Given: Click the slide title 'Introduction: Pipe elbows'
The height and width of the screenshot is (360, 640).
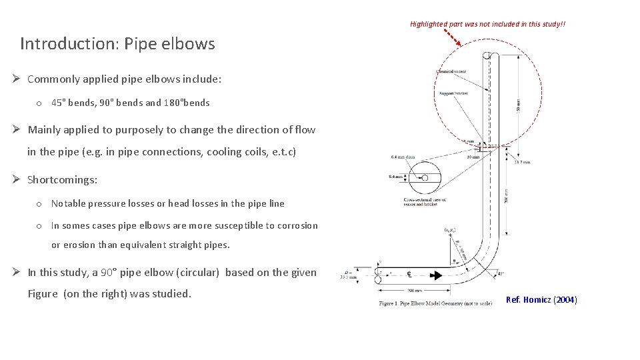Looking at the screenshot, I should tap(117, 44).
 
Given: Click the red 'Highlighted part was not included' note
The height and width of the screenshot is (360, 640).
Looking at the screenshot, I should tap(488, 24).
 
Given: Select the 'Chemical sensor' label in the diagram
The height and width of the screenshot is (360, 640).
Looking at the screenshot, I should tap(451, 71).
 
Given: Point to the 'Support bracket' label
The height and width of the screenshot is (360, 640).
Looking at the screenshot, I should tap(453, 93).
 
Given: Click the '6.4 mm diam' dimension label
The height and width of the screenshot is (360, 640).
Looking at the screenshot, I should tap(403, 157).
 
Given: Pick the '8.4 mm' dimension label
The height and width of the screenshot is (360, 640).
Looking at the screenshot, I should tap(396, 177).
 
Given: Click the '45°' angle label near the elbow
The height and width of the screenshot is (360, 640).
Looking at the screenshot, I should tap(501, 273).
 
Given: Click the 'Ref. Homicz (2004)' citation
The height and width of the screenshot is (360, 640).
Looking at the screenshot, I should tap(541, 300).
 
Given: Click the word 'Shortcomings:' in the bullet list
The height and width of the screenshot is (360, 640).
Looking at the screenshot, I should tap(62, 180).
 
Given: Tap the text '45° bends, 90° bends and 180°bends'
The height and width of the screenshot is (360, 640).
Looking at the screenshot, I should tap(130, 103).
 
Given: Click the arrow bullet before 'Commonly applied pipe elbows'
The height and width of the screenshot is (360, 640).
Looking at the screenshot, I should tap(18, 79).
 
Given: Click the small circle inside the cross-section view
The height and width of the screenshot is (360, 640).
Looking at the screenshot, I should tap(425, 178).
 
